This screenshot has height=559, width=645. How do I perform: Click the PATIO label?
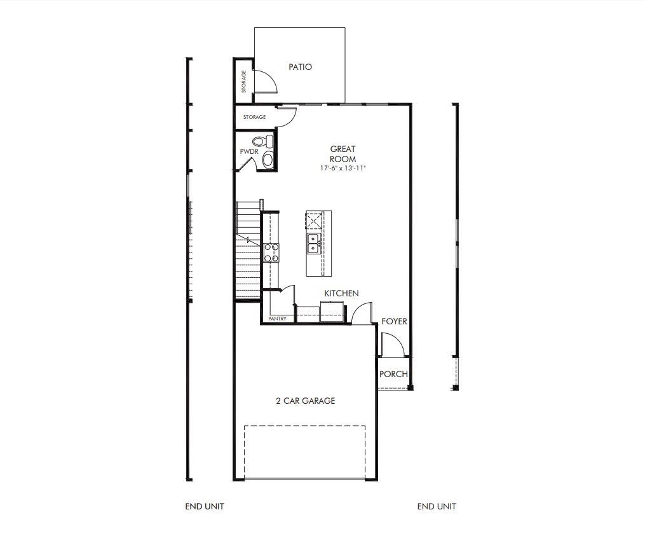pyautogui.click(x=300, y=67)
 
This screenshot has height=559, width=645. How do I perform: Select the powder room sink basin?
pyautogui.click(x=268, y=160)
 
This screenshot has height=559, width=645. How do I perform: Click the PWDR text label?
pyautogui.click(x=248, y=152)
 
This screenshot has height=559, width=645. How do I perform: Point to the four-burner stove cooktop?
pyautogui.click(x=271, y=252)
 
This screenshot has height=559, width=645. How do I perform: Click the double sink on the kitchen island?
pyautogui.click(x=313, y=243)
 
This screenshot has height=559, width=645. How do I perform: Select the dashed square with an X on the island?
pyautogui.click(x=314, y=221)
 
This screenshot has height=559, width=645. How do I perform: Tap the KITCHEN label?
pyautogui.click(x=341, y=293)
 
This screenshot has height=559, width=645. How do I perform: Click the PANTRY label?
pyautogui.click(x=277, y=319)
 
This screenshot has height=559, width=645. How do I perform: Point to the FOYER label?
pyautogui.click(x=394, y=321)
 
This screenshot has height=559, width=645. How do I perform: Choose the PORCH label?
pyautogui.click(x=393, y=374)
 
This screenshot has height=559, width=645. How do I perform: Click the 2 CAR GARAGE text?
pyautogui.click(x=305, y=401)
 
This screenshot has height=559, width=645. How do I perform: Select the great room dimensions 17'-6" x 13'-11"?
pyautogui.click(x=343, y=169)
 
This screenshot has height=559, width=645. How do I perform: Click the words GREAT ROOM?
pyautogui.click(x=343, y=154)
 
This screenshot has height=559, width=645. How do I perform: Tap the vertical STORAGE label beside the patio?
pyautogui.click(x=243, y=81)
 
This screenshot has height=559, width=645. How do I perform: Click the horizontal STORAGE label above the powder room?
pyautogui.click(x=254, y=117)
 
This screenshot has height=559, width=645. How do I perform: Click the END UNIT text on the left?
pyautogui.click(x=205, y=506)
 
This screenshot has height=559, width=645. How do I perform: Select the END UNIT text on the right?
pyautogui.click(x=437, y=506)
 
